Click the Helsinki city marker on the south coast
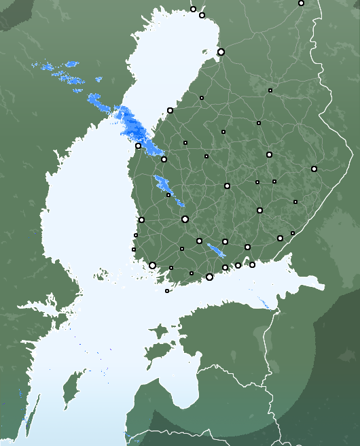[209, 277]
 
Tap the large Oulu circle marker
[221, 52]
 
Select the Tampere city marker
[185, 219]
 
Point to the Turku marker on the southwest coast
[152, 265]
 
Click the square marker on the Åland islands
[167, 291]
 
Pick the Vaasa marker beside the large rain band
[138, 145]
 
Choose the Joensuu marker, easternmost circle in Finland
[314, 169]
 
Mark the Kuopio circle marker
[269, 154]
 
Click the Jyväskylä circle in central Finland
[227, 186]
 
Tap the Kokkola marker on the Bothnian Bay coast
[170, 110]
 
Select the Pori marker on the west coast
[141, 220]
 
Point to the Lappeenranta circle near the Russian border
[280, 238]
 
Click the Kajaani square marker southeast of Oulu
[270, 90]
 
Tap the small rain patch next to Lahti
[217, 250]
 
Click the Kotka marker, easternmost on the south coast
[252, 264]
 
